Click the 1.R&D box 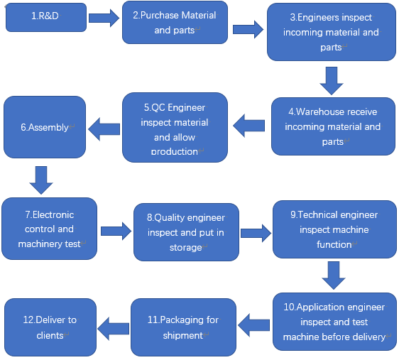[x=46, y=17]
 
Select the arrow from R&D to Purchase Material [x=104, y=18]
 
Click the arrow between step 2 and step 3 [x=248, y=30]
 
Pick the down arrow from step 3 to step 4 [x=332, y=81]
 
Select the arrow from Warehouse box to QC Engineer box [x=249, y=126]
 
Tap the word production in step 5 [x=175, y=152]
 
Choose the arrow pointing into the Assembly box [x=104, y=129]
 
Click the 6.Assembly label [x=45, y=127]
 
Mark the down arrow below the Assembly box [x=41, y=180]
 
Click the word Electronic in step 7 [x=53, y=214]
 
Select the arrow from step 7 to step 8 [x=116, y=231]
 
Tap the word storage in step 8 [x=186, y=248]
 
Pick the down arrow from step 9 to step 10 [x=334, y=276]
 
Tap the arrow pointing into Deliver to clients [x=113, y=329]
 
